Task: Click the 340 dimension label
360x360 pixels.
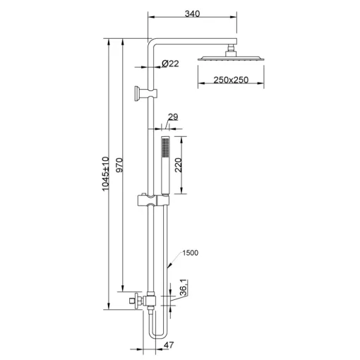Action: click(192, 13)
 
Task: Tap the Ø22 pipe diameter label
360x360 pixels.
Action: click(170, 64)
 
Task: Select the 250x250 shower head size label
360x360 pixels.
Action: click(231, 80)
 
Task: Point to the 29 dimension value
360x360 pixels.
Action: click(173, 117)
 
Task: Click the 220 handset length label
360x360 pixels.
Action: click(179, 165)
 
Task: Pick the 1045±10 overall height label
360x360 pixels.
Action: click(106, 174)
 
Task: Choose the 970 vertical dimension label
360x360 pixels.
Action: click(119, 165)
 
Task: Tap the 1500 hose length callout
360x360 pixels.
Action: click(191, 253)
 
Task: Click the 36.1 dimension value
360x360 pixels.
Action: click(184, 287)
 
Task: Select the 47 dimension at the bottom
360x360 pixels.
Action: click(169, 345)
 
